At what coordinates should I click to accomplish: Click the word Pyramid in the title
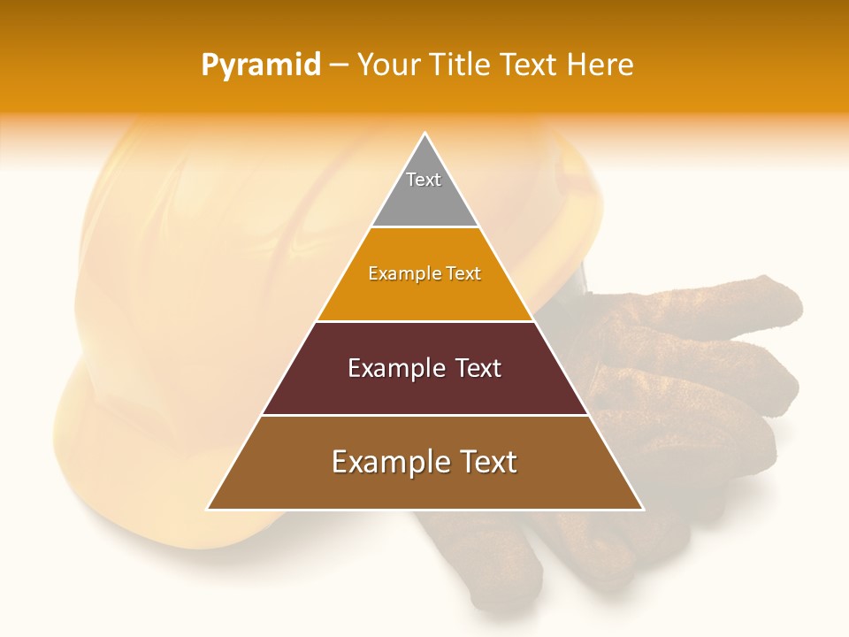click(261, 65)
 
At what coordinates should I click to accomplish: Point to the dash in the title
click(339, 65)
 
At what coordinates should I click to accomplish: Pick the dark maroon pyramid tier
click(424, 389)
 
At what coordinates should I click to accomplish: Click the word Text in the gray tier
click(424, 180)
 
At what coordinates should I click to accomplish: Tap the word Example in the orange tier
click(396, 274)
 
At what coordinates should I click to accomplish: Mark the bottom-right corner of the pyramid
click(642, 509)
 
